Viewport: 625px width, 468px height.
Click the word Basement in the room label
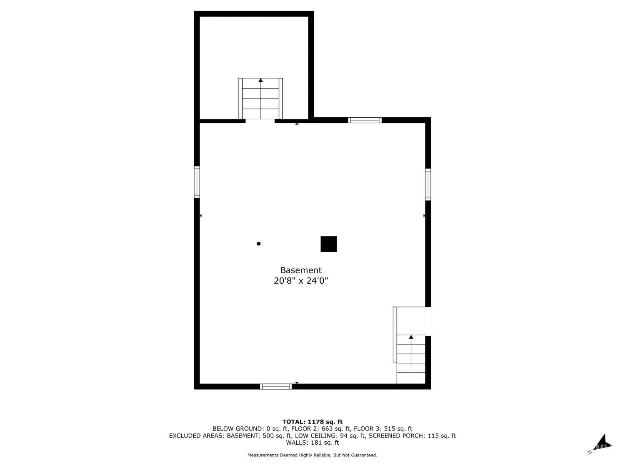[301, 270]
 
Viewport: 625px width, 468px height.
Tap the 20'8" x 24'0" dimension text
[301, 281]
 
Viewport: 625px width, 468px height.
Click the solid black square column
[329, 244]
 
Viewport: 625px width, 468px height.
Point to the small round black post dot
[259, 243]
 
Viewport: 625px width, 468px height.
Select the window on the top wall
[365, 120]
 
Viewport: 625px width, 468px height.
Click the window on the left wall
[197, 182]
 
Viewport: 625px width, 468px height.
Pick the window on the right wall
[428, 184]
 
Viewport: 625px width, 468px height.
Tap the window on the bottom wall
[276, 386]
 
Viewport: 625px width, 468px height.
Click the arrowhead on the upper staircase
[260, 80]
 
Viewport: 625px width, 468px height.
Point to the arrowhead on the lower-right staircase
[411, 337]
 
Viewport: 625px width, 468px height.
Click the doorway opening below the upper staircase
[260, 121]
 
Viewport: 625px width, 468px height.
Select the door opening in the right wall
[428, 321]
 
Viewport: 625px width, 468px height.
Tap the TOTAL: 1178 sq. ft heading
[312, 422]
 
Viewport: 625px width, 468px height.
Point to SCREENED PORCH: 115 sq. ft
[412, 436]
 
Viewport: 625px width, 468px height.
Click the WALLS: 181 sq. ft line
[312, 443]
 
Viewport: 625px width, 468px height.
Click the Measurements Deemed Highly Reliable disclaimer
[312, 455]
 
